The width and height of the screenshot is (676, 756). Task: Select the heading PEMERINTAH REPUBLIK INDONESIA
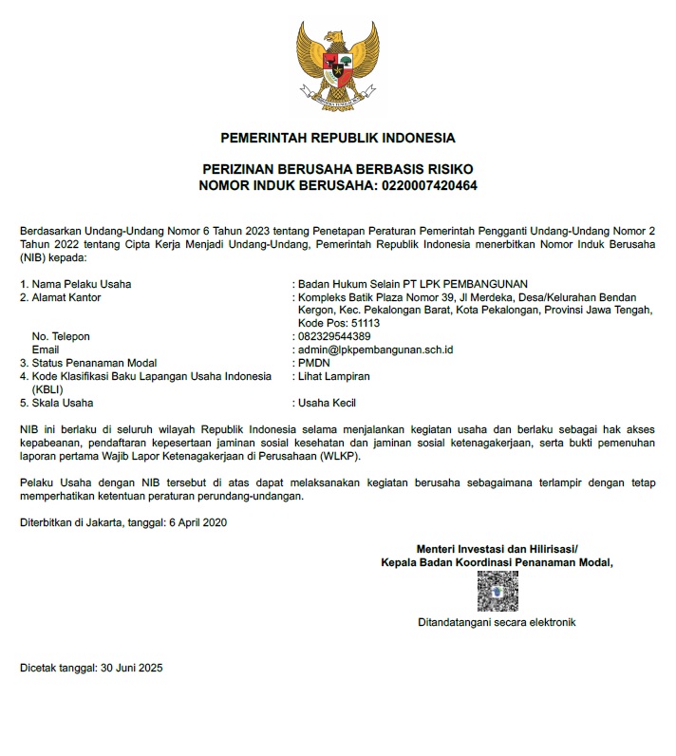click(337, 138)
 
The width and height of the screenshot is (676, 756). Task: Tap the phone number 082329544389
click(334, 336)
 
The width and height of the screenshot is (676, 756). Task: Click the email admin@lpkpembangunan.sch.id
click(375, 350)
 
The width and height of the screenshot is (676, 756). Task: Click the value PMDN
click(314, 363)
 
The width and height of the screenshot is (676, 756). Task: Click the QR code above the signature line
click(497, 592)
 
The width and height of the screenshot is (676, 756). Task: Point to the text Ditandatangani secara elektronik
click(497, 623)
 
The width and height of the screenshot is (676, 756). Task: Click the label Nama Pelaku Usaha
click(82, 283)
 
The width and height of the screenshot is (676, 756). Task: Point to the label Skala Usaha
click(63, 403)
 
